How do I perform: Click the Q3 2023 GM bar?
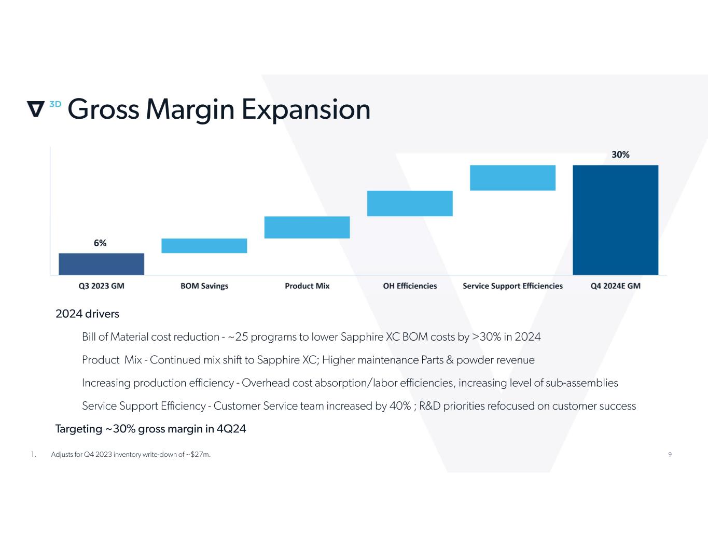pos(101,264)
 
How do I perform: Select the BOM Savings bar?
pos(204,246)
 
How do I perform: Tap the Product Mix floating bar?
pos(307,227)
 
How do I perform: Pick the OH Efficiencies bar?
pos(410,203)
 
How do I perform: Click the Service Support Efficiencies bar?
pos(512,178)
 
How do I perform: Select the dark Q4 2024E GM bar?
pos(615,220)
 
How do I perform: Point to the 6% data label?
pos(100,243)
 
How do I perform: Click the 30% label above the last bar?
pos(620,155)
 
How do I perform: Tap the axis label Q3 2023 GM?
pos(101,286)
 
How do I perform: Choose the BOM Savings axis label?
pos(204,286)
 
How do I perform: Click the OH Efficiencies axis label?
pos(410,286)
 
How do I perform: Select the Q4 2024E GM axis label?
pos(615,286)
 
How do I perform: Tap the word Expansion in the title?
pos(306,109)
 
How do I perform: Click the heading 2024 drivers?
pos(87,314)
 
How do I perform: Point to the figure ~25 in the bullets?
pos(238,337)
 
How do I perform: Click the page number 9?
pos(670,455)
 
